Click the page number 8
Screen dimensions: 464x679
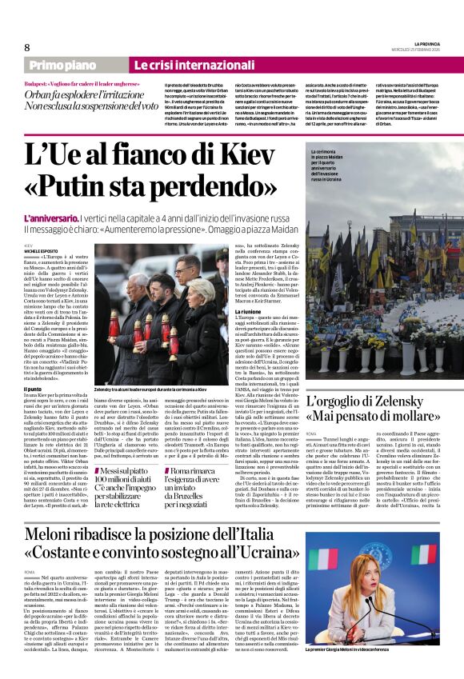(26, 47)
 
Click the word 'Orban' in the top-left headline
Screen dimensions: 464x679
(39, 94)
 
